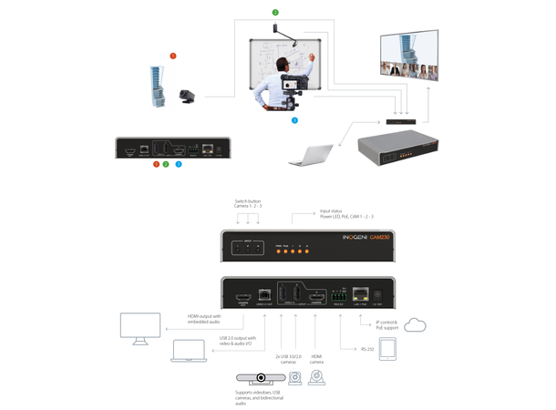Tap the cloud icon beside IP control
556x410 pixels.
418,325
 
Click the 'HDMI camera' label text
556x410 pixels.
316,359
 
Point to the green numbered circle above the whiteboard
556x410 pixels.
275,12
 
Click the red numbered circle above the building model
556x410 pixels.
172,56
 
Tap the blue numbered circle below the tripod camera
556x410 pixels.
293,119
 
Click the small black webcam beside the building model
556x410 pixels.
189,94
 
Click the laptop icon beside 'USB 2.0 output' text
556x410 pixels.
188,351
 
